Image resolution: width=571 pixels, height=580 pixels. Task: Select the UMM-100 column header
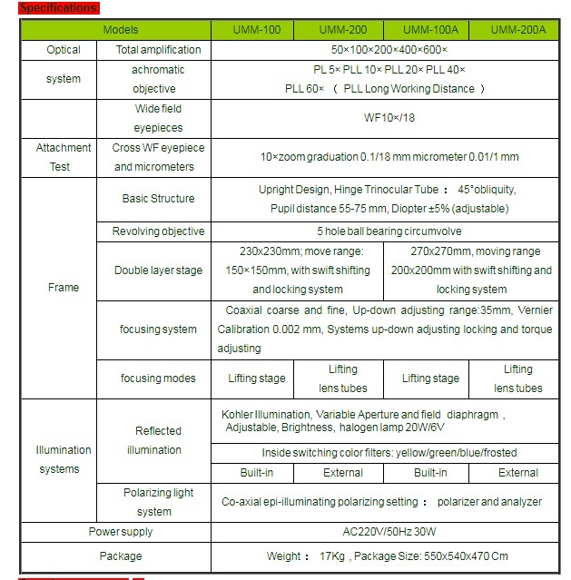(256, 30)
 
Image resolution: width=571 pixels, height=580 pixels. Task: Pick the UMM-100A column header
(430, 30)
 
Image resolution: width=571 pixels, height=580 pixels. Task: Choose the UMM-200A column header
(518, 30)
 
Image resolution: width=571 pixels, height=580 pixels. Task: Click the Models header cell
(121, 30)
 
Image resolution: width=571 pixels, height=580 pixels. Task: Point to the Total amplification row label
(159, 50)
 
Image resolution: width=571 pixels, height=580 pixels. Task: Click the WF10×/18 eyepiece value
(388, 118)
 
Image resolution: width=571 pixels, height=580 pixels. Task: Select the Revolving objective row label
(159, 231)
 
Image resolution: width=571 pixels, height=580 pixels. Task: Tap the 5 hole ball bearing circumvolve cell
(388, 231)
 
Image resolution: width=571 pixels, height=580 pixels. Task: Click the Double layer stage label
(159, 270)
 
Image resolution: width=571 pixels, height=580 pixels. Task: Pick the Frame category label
(64, 288)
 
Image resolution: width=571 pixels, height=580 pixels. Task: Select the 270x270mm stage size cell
(470, 270)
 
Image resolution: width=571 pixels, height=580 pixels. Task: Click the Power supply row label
(121, 532)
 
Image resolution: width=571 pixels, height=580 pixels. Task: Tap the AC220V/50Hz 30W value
(388, 532)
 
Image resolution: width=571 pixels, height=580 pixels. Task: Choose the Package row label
(121, 555)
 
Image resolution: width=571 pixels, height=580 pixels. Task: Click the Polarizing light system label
(159, 502)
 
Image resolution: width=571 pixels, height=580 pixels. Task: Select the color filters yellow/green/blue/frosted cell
(388, 452)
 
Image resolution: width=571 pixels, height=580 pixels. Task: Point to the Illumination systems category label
(64, 459)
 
